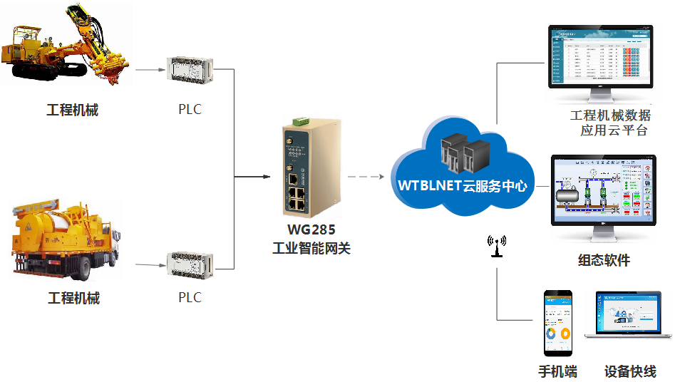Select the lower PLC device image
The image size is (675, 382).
pos(190,265)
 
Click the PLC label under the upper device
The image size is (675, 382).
pos(190,110)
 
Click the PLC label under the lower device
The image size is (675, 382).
pos(190,297)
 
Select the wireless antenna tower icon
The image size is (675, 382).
pos(496,246)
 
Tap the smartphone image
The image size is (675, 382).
pos(558,323)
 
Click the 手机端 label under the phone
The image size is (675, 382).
pos(557,371)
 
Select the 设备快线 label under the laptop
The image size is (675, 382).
pos(630,371)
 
